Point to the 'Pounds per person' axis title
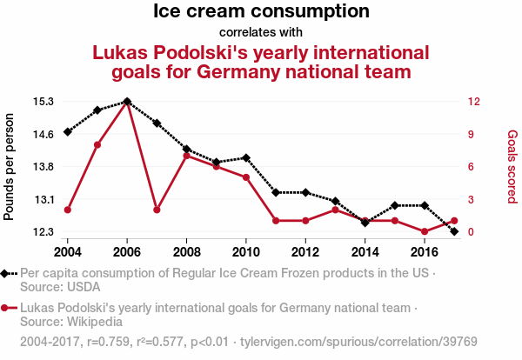(x=10, y=166)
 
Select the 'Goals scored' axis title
(x=512, y=166)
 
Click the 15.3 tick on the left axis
(x=43, y=101)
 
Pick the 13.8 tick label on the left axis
(x=43, y=166)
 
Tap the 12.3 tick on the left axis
(x=43, y=232)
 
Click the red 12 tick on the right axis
(x=474, y=101)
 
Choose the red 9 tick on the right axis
(x=472, y=134)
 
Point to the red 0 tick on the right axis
(x=472, y=232)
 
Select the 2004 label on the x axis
(x=68, y=251)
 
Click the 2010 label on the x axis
(x=246, y=251)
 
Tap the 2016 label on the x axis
(x=425, y=251)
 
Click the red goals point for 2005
(x=97, y=144)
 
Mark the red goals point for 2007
(x=157, y=210)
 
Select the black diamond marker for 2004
(x=68, y=132)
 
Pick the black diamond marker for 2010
(x=246, y=158)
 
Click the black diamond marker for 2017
(x=454, y=231)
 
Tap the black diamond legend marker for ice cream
(x=5, y=273)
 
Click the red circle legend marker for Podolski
(x=5, y=308)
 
